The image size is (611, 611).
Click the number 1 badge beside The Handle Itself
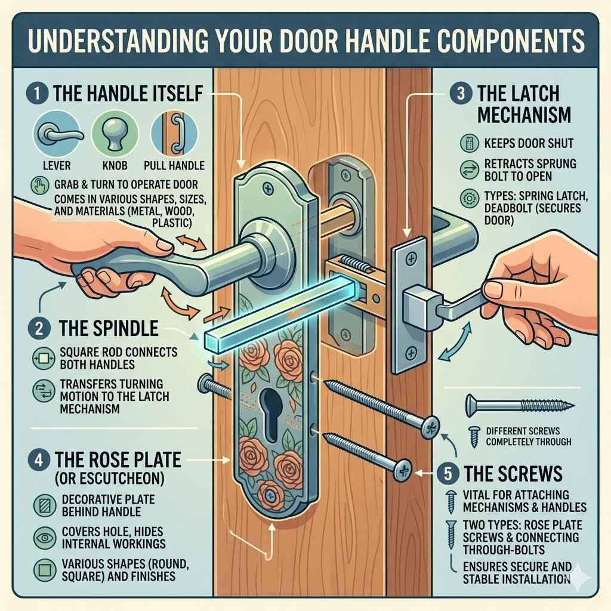click(36, 94)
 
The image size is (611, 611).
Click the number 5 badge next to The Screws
click(447, 473)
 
